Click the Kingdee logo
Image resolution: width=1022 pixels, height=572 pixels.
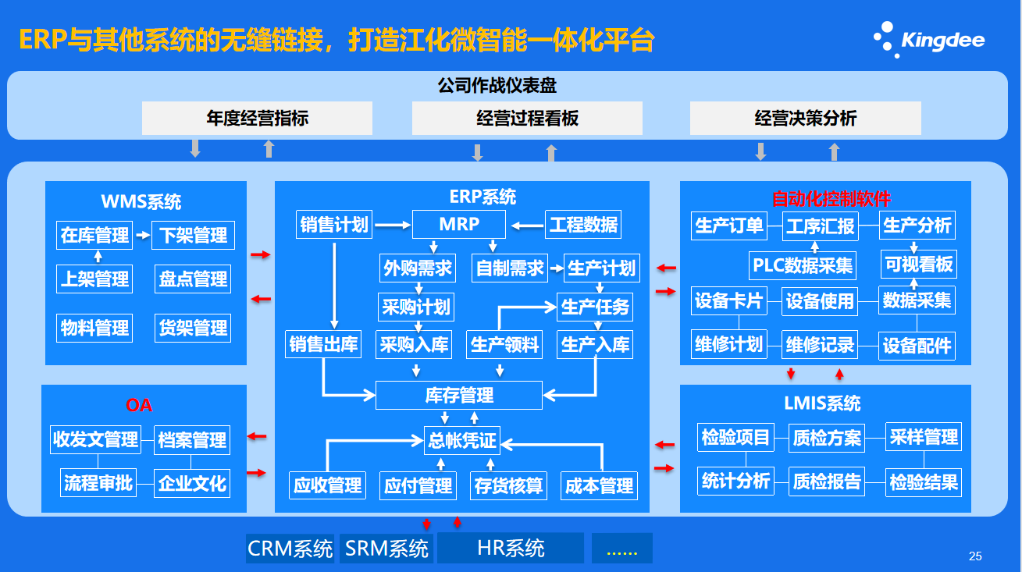click(928, 39)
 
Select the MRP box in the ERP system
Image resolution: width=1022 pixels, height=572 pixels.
click(459, 225)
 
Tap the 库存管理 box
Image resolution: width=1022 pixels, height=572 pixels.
click(459, 396)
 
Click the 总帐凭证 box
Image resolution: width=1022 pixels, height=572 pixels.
click(461, 441)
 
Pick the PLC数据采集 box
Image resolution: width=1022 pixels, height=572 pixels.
click(802, 265)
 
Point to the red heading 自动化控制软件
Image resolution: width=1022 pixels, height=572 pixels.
click(831, 199)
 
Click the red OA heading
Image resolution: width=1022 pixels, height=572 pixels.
click(139, 405)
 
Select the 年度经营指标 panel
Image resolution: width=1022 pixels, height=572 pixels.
click(257, 119)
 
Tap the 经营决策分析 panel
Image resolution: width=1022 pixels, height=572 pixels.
click(805, 119)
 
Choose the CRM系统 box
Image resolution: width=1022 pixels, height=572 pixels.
click(290, 549)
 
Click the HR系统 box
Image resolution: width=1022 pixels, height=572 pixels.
click(511, 549)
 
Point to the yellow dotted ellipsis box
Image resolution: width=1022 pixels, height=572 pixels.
click(621, 549)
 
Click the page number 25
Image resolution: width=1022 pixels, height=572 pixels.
click(975, 556)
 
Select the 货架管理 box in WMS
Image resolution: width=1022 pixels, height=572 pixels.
click(193, 329)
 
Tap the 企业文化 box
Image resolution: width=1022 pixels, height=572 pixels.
click(192, 483)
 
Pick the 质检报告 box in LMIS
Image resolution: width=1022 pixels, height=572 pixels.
click(827, 481)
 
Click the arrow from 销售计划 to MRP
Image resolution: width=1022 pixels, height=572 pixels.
click(393, 226)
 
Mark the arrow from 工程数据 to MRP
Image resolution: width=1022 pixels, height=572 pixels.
click(526, 226)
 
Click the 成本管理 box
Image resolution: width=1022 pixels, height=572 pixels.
click(599, 486)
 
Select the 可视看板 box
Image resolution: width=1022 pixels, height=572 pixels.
click(918, 265)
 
